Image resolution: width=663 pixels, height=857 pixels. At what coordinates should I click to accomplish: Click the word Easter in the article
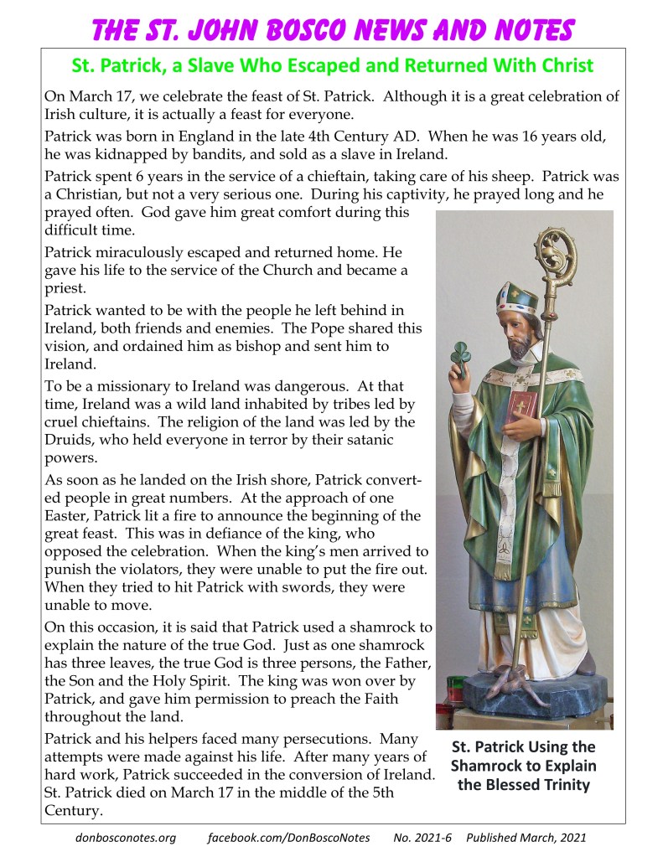point(66,515)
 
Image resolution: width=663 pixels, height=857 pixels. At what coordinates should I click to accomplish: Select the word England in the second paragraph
point(193,136)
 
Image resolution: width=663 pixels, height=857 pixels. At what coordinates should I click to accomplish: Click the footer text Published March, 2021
point(526,838)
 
